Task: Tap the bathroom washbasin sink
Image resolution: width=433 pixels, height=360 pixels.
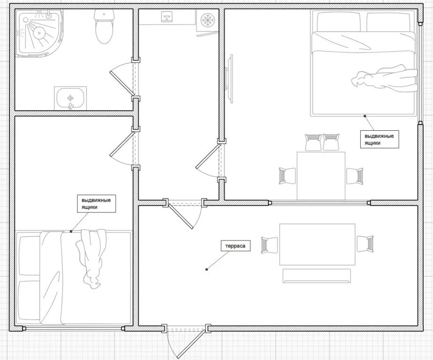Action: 71,98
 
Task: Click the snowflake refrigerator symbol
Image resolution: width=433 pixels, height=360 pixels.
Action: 207,20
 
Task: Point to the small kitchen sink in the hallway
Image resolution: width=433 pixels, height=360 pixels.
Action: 167,17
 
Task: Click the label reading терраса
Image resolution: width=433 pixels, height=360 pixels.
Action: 235,246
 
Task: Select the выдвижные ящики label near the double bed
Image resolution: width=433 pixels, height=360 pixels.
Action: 380,140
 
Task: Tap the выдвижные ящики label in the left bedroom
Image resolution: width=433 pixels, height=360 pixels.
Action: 96,203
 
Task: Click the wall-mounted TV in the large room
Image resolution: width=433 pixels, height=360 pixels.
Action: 230,79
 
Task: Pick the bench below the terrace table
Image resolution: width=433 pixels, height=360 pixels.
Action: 316,276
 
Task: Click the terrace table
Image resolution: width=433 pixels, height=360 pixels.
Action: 317,244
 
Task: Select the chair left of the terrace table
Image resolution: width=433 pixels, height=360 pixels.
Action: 269,245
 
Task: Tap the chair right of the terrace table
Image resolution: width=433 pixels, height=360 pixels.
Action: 365,244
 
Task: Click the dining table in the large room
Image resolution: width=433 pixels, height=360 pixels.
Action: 321,176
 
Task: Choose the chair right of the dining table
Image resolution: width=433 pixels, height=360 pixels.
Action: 355,176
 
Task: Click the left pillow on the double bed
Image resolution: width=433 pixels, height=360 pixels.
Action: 339,22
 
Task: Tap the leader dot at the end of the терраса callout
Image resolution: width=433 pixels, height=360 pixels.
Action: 207,270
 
